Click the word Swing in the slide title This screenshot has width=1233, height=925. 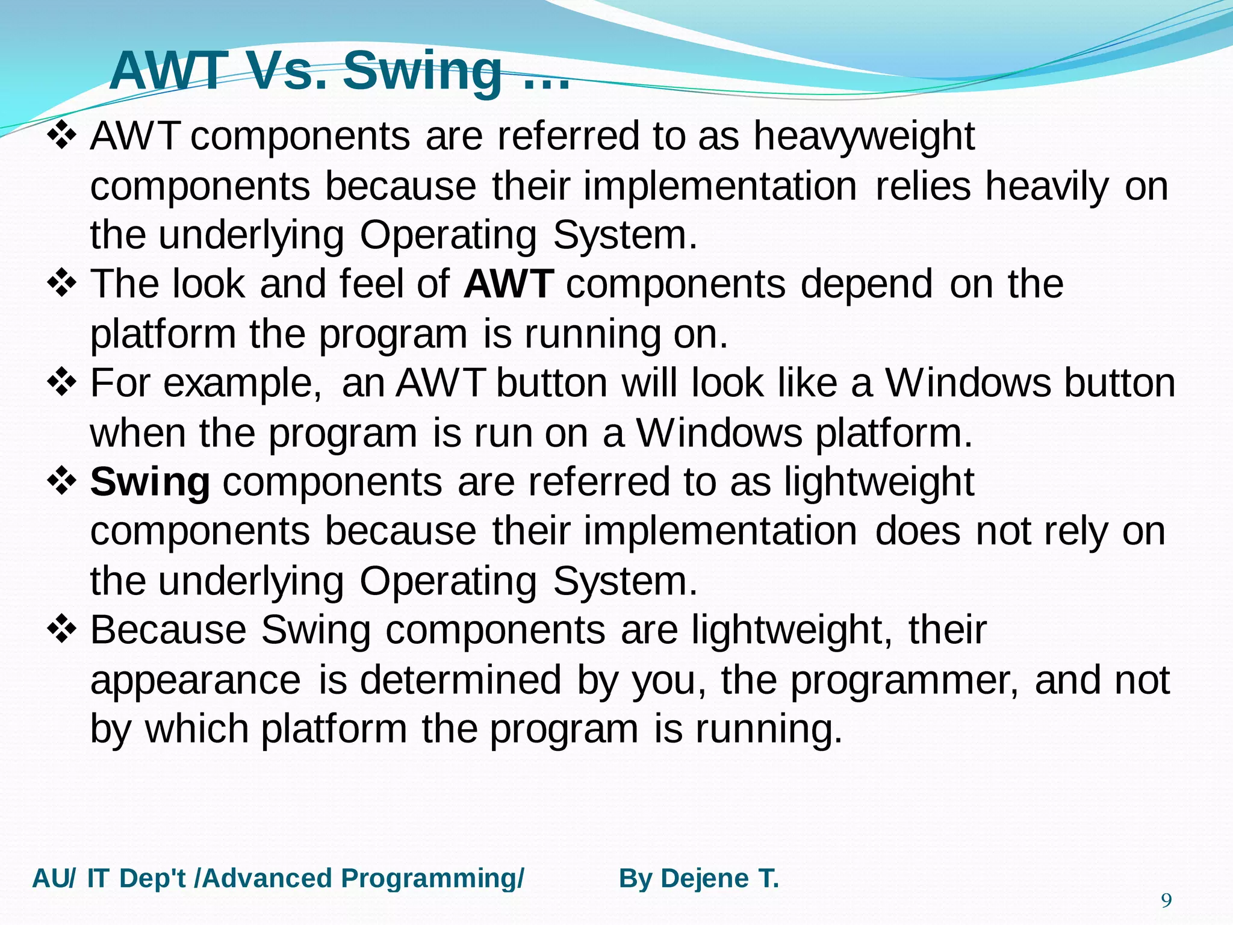coord(423,71)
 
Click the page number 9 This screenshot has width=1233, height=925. coord(1166,901)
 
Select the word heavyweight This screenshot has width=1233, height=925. coord(864,137)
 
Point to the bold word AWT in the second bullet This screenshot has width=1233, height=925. coord(509,284)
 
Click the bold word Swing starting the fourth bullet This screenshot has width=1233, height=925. coord(150,482)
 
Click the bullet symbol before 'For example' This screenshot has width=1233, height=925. coord(61,383)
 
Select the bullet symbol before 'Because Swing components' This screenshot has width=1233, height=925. coord(61,630)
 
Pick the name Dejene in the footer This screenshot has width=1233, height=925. coord(704,879)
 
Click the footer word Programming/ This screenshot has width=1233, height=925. coord(432,879)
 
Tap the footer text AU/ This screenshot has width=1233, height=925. coord(54,879)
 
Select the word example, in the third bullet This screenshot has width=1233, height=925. coord(242,384)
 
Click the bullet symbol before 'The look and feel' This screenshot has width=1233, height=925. coord(61,284)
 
